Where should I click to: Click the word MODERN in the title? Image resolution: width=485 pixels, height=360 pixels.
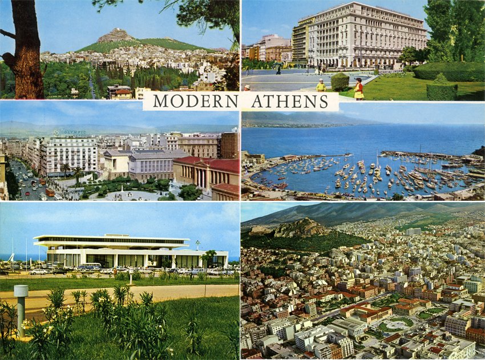pos(195,101)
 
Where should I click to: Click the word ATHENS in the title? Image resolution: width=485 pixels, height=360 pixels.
pos(290,101)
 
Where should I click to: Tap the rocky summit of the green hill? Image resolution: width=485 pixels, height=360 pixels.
pos(116,35)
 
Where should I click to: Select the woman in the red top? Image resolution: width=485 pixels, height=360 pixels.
pos(358,89)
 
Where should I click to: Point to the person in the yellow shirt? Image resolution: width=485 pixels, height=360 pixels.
pos(321,86)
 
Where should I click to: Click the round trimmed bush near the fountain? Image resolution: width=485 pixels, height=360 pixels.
pos(339,82)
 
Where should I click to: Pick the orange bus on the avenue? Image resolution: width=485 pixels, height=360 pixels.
pos(50,192)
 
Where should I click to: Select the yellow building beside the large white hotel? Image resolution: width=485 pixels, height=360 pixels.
pos(301,40)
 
